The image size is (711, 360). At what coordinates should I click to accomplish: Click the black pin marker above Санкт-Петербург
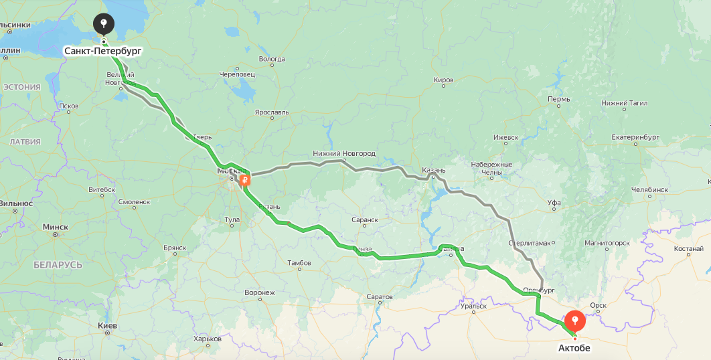[103, 25]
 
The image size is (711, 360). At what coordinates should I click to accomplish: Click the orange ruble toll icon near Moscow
[246, 179]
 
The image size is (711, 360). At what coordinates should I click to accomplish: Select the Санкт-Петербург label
[103, 51]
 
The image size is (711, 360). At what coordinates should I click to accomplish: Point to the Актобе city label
[574, 348]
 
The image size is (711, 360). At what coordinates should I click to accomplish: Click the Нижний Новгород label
[344, 153]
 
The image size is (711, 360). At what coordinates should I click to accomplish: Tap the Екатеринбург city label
[635, 137]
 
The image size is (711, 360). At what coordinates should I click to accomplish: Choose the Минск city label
[55, 227]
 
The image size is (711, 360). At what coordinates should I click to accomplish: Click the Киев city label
[108, 326]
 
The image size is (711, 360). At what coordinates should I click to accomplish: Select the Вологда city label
[272, 60]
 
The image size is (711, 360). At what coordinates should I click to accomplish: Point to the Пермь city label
[558, 99]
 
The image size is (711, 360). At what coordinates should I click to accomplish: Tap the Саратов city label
[380, 296]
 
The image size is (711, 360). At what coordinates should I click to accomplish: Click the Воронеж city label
[260, 292]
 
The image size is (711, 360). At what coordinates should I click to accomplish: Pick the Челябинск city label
[649, 189]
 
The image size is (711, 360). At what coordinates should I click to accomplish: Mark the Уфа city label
[554, 202]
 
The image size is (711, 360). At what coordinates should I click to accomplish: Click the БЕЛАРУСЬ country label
[58, 265]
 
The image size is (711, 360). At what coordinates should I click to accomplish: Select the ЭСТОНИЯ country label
[22, 87]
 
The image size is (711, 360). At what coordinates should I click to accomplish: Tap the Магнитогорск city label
[607, 242]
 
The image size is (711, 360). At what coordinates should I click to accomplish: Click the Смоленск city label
[134, 201]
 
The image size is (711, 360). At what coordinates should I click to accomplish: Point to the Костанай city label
[688, 249]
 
